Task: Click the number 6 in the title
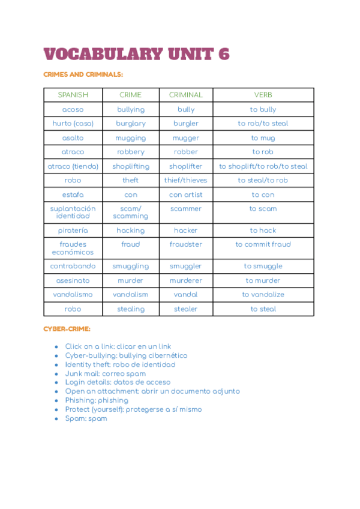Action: [223, 54]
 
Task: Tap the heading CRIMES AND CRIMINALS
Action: [83, 74]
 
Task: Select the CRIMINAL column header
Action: [186, 95]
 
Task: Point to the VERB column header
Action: [263, 95]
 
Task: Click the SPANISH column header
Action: [73, 95]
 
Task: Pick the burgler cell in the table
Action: [186, 124]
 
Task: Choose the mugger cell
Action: [186, 138]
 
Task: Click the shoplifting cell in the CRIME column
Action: [131, 166]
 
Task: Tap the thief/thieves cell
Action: [186, 180]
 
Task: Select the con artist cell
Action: [186, 194]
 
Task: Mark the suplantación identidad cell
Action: [73, 212]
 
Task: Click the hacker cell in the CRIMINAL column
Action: [186, 230]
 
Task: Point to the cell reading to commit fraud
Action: [263, 244]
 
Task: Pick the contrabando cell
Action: [73, 266]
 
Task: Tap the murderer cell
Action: [186, 280]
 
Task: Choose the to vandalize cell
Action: [263, 295]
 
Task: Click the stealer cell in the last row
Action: [186, 309]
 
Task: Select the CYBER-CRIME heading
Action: [67, 330]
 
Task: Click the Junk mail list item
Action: [105, 373]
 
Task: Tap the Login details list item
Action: [118, 382]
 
